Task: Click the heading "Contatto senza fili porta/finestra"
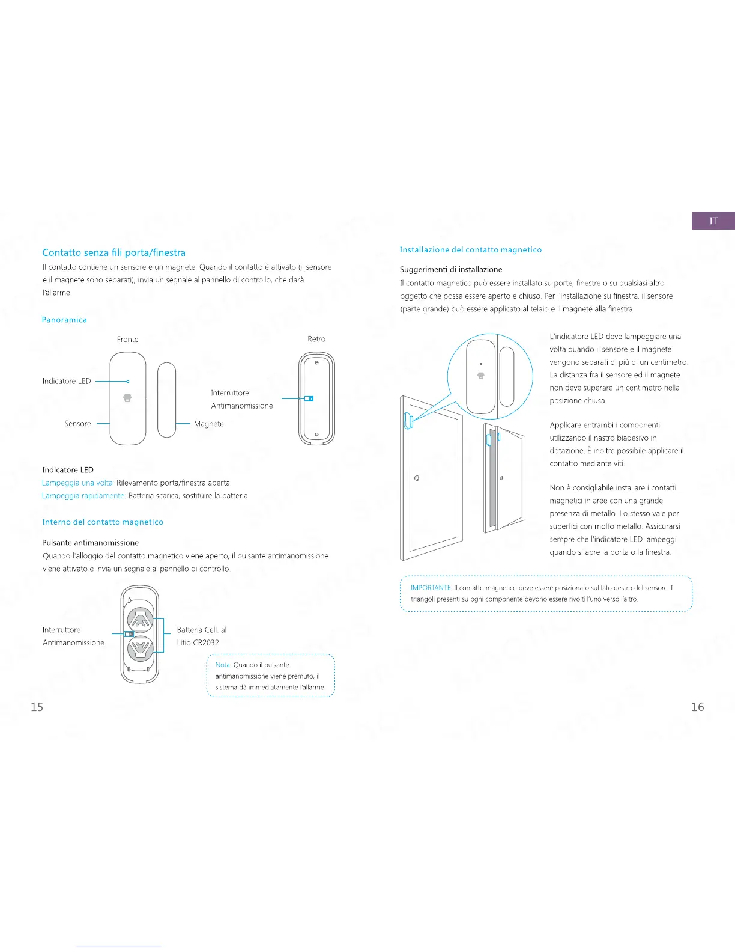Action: [113, 253]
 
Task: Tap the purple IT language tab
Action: [713, 221]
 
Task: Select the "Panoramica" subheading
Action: [64, 320]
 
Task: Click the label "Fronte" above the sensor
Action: [127, 340]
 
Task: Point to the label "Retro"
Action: [316, 339]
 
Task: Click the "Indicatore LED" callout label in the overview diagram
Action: [67, 381]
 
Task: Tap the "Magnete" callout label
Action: [209, 424]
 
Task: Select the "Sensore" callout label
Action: [78, 424]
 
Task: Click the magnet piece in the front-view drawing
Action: [166, 400]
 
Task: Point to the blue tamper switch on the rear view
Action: [309, 398]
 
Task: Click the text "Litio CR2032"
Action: [198, 642]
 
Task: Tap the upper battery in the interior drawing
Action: [141, 618]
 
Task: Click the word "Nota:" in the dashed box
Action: [223, 665]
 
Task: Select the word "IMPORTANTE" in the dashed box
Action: [431, 588]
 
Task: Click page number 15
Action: [37, 707]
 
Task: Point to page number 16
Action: [697, 707]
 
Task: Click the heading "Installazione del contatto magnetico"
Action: [471, 250]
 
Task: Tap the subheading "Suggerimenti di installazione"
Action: [451, 270]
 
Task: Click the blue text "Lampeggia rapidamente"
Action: [83, 496]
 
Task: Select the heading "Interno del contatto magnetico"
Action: [103, 522]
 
